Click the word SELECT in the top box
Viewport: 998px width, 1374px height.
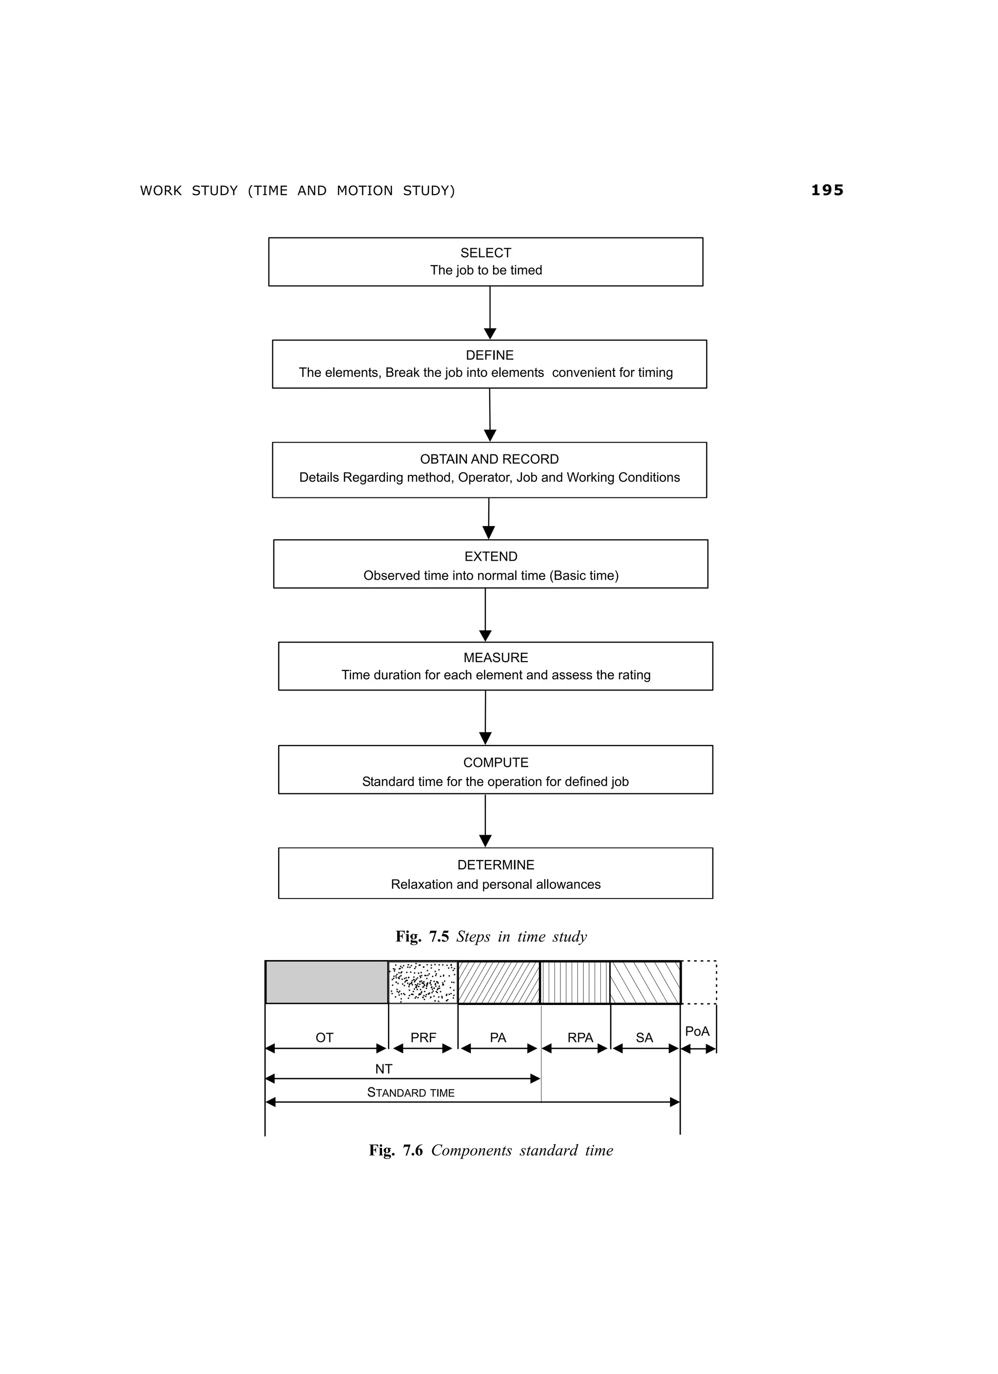[486, 253]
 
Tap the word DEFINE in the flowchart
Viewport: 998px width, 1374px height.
[489, 355]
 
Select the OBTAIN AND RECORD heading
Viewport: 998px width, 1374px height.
[489, 459]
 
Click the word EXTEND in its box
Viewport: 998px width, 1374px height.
[491, 556]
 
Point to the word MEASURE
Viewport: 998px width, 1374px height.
[496, 657]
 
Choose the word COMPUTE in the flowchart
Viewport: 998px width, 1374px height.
[496, 762]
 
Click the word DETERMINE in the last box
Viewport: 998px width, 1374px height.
[496, 864]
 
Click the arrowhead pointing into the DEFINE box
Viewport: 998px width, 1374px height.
[490, 334]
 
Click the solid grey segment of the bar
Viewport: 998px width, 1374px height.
[326, 982]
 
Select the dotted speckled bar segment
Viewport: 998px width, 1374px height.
[422, 982]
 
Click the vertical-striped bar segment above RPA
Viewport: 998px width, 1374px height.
[575, 982]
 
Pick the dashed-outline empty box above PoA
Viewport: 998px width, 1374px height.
[699, 982]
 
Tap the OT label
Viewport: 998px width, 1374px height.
[325, 1038]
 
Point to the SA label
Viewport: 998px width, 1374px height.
[644, 1038]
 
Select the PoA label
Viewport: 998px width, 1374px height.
[697, 1031]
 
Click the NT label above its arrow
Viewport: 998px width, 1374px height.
[384, 1069]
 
